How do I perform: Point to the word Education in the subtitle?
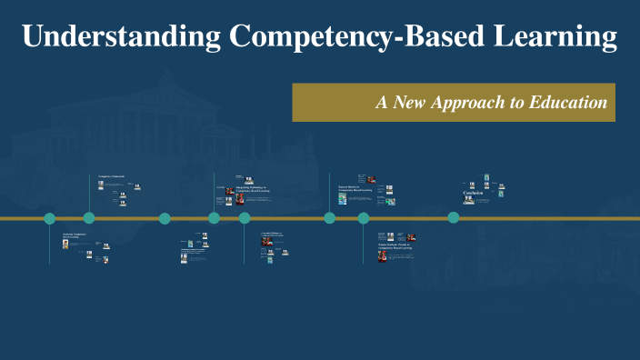click(567, 103)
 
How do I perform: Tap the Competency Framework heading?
click(111, 175)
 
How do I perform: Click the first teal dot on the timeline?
click(50, 218)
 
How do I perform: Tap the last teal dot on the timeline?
click(454, 217)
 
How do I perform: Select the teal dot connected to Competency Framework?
click(89, 218)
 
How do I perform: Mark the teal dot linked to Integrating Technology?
click(215, 218)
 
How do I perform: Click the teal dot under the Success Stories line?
click(330, 218)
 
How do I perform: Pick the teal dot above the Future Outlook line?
click(364, 218)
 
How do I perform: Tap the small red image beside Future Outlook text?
click(383, 256)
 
